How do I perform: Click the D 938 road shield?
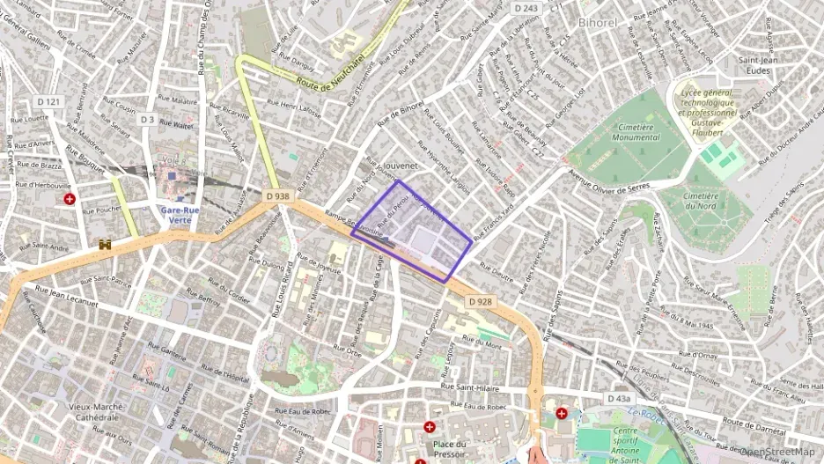point(276,196)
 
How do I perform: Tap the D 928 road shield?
point(480,301)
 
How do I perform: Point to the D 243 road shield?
point(525,8)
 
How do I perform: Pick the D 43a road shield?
point(619,399)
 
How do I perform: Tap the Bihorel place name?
point(599,21)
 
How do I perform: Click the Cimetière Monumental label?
point(633,132)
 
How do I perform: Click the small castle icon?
point(107,244)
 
